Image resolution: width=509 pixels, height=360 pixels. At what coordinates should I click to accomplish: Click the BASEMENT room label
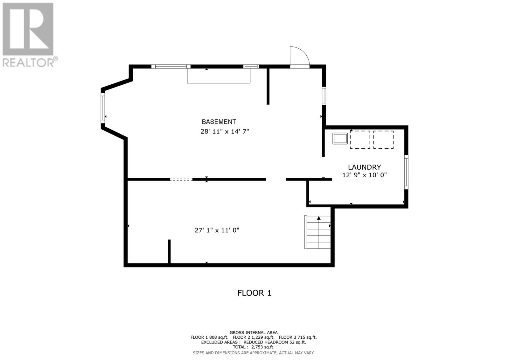click(219, 122)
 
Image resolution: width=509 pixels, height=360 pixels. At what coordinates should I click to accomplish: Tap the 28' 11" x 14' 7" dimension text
click(225, 131)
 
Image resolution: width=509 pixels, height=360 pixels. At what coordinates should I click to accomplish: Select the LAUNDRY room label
click(364, 167)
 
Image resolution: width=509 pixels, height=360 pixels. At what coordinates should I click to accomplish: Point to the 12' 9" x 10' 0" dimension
click(364, 175)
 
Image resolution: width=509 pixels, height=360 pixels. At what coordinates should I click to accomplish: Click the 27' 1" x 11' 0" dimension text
click(217, 230)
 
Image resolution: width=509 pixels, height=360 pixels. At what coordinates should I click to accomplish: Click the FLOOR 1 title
click(254, 293)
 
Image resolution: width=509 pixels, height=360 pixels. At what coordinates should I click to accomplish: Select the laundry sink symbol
click(340, 139)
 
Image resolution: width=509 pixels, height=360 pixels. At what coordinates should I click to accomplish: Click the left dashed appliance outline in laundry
click(360, 139)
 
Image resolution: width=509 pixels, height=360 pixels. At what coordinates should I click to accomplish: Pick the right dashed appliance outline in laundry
click(383, 139)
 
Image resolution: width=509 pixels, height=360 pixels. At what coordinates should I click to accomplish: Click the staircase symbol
click(317, 232)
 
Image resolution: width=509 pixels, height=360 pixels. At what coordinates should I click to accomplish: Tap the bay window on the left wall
click(103, 108)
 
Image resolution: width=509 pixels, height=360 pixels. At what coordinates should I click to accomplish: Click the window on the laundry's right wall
click(406, 172)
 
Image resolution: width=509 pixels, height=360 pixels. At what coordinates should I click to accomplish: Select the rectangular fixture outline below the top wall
click(219, 76)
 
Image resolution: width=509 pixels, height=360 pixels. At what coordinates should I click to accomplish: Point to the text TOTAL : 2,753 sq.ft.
click(253, 347)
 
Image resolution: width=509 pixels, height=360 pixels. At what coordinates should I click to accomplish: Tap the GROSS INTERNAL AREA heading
click(253, 333)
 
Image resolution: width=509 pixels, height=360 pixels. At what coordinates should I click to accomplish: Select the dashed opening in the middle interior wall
click(181, 180)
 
